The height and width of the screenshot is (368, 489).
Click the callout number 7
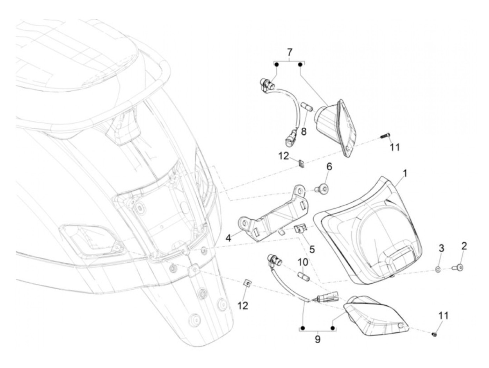[290, 52]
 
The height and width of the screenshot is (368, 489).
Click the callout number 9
[318, 339]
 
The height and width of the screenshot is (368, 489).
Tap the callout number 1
[405, 173]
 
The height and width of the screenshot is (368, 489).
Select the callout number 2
[464, 246]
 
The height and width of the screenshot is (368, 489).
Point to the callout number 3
[441, 249]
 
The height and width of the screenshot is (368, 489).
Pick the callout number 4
[228, 238]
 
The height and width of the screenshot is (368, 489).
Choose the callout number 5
[312, 249]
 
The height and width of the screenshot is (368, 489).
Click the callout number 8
[304, 132]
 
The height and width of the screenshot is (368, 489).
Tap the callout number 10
[302, 261]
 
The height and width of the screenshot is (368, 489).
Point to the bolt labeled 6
[322, 189]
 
